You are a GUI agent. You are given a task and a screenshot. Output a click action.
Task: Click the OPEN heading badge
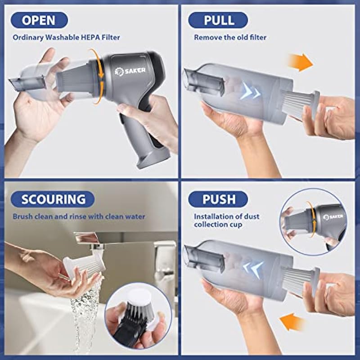(39, 20)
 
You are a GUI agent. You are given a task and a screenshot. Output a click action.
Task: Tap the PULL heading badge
(218, 20)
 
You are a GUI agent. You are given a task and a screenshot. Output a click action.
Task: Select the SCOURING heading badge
(53, 199)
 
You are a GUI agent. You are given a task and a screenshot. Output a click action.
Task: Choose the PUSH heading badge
(218, 199)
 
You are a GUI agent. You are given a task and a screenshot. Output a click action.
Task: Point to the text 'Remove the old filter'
(230, 37)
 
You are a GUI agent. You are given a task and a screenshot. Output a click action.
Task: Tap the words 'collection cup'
(218, 224)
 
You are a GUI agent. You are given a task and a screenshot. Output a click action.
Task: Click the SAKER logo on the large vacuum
(130, 71)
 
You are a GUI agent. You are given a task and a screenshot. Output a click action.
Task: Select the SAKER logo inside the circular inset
(333, 217)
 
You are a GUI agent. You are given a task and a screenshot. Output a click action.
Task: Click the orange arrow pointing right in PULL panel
(300, 62)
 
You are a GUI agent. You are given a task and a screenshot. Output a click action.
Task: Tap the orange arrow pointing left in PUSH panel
(292, 321)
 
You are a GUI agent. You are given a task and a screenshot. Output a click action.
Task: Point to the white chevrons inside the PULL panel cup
(250, 91)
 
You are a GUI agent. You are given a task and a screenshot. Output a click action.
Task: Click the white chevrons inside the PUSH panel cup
(253, 269)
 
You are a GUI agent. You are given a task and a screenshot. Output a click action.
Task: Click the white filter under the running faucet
(84, 266)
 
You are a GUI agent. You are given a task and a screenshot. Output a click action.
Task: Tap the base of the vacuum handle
(153, 158)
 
